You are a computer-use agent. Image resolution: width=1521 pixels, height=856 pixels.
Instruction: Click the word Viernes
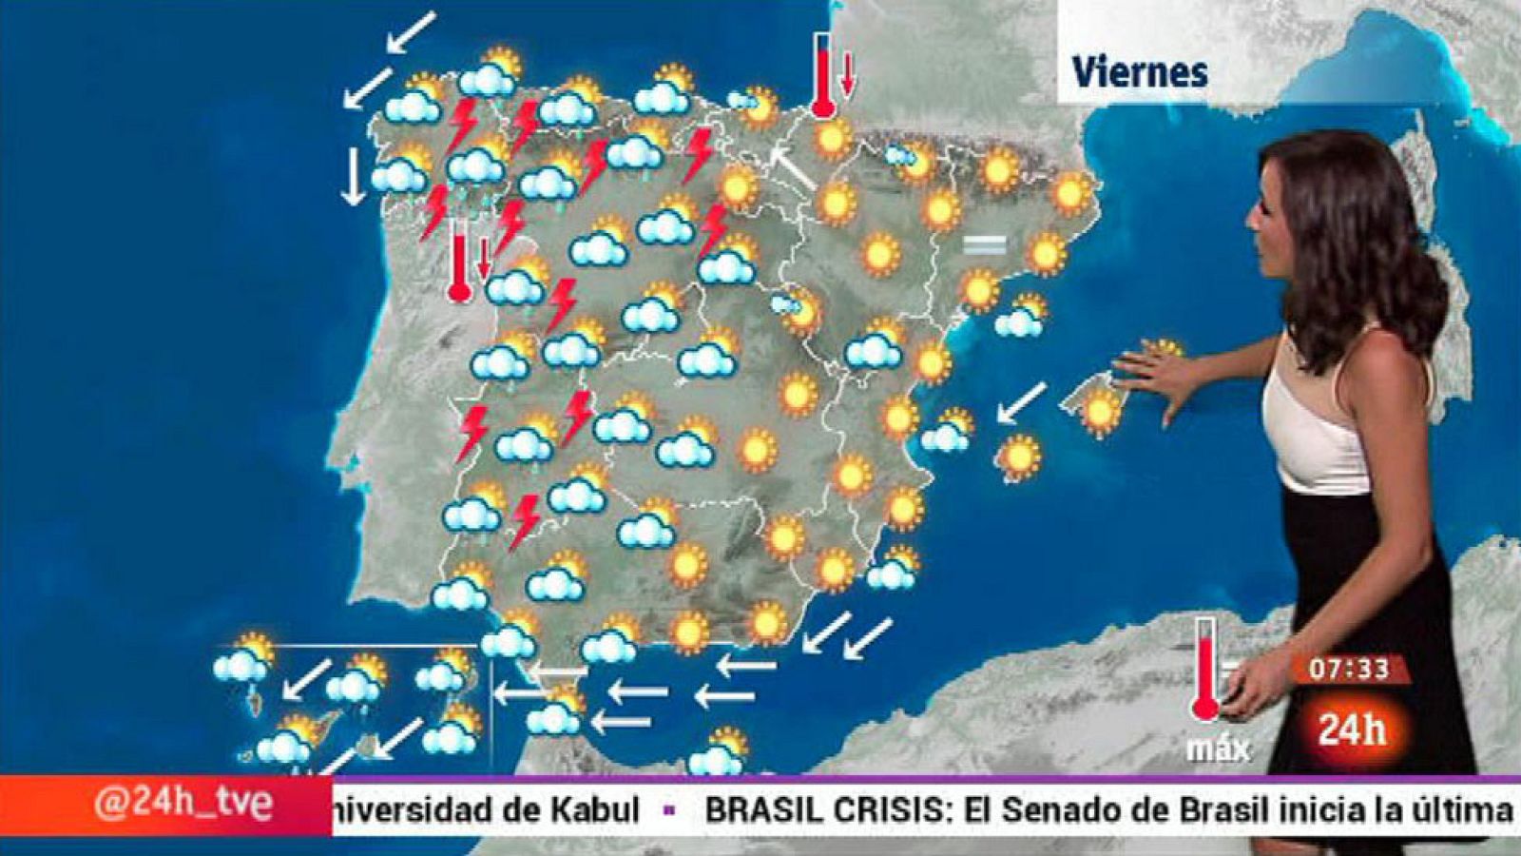pos(1139,71)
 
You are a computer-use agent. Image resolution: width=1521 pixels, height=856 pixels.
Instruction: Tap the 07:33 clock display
pos(1348,670)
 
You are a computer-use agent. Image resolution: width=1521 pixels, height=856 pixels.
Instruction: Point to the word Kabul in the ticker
pos(594,809)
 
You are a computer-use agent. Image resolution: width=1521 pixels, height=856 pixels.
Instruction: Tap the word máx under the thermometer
pos(1218,749)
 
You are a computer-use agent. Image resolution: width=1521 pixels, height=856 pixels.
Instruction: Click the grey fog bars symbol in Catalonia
pos(984,245)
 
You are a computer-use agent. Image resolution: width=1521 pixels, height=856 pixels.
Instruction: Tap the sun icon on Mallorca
pos(1102,410)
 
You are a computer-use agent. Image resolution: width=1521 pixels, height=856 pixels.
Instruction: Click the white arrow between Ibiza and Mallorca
pos(1022,401)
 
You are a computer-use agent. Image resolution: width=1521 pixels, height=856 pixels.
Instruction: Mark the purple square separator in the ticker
pos(669,811)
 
